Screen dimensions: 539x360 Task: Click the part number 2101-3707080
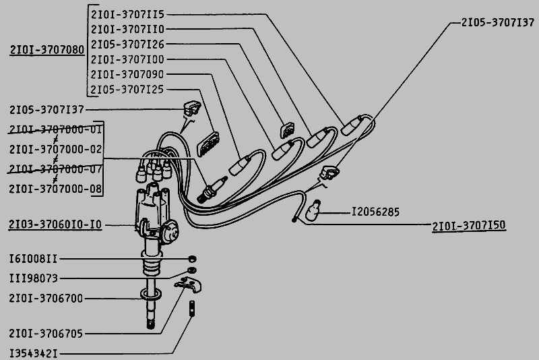click(47, 50)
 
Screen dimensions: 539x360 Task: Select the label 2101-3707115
click(127, 14)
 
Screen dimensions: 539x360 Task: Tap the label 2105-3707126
click(127, 44)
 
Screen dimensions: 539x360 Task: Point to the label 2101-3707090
click(127, 74)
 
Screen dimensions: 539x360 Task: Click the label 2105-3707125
click(127, 90)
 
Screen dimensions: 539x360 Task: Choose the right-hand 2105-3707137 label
click(498, 23)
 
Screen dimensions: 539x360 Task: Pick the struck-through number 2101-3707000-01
click(56, 129)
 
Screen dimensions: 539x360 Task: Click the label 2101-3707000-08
click(56, 189)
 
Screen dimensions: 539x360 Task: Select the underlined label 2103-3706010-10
click(55, 224)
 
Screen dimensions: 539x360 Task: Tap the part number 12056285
click(375, 212)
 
